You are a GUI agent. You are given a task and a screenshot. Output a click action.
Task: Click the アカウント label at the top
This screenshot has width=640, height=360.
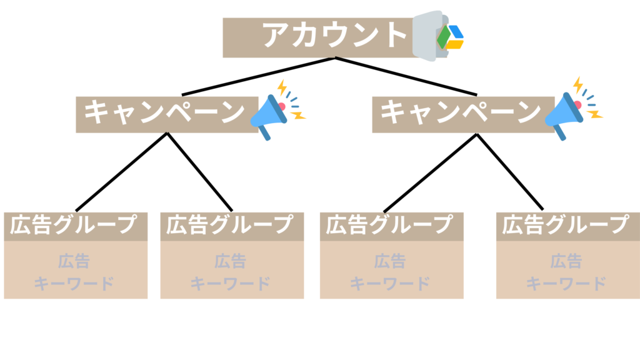(x=334, y=36)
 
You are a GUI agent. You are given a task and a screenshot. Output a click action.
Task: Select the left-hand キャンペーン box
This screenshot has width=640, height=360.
(x=165, y=113)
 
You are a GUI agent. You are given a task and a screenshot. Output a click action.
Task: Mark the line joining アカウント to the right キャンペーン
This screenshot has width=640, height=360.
(x=406, y=77)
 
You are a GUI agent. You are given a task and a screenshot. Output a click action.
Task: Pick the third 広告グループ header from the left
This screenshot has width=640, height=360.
(x=390, y=225)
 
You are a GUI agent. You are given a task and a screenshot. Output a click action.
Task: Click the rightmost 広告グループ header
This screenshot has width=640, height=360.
(x=566, y=225)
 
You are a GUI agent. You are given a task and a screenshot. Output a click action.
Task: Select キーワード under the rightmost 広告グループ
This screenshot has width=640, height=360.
(x=566, y=283)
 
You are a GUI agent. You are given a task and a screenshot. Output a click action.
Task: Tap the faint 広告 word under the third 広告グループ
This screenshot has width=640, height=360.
(x=390, y=260)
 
